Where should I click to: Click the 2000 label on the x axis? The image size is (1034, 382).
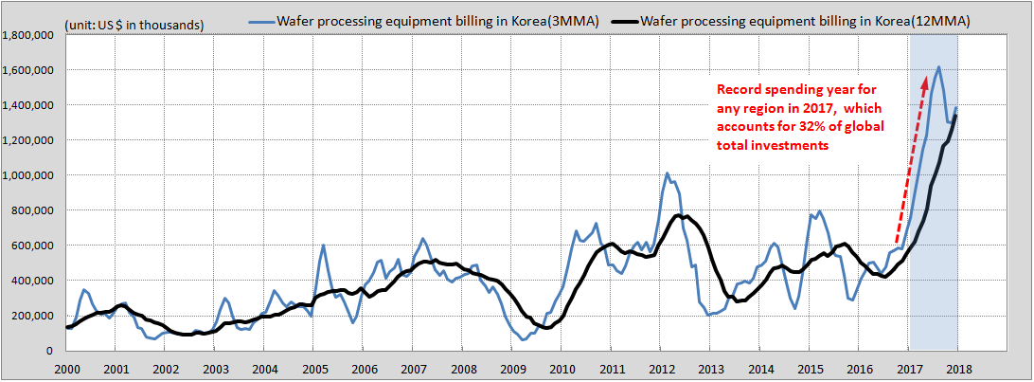pyautogui.click(x=65, y=369)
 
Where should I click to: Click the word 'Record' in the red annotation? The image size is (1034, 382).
pyautogui.click(x=738, y=89)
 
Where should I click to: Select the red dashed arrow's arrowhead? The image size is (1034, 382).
pyautogui.click(x=925, y=82)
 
